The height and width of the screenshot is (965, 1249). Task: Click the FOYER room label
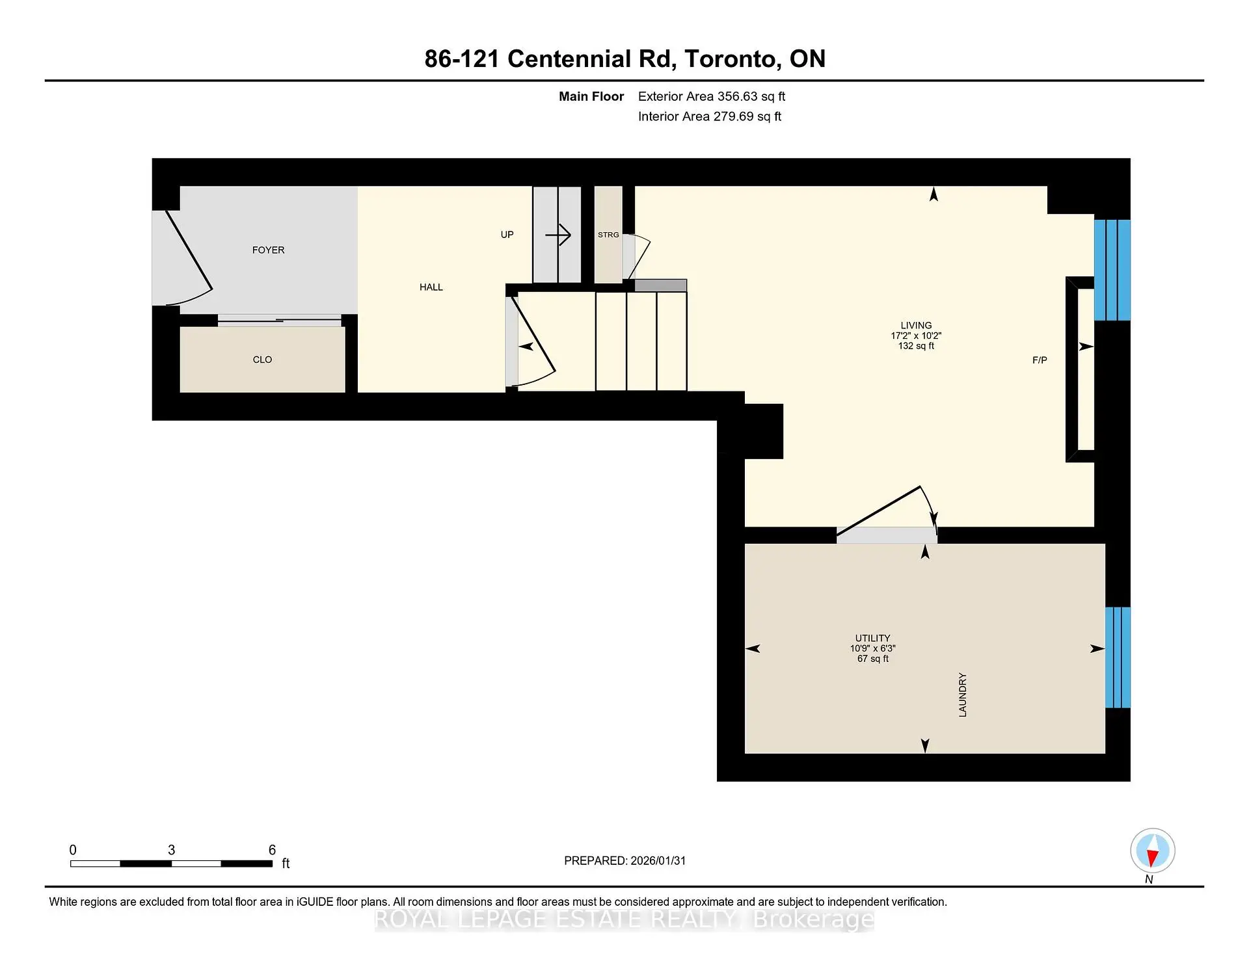pos(268,250)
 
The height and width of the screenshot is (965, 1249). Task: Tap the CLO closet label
pos(262,360)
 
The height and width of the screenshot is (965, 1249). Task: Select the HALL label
pos(431,287)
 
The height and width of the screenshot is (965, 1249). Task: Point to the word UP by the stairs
pos(507,235)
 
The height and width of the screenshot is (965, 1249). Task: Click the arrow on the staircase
pos(558,235)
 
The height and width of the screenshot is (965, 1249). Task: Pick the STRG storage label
pos(608,235)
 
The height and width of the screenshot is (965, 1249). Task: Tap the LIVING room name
pos(916,325)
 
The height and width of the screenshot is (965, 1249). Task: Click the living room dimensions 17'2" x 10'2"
pos(916,336)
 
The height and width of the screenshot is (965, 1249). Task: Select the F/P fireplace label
pos(1040,360)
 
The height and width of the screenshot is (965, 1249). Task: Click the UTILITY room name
pos(872,638)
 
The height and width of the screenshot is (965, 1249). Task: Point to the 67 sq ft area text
pos(872,659)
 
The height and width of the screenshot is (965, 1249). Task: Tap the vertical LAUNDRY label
pos(963,695)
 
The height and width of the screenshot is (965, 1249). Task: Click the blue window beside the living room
pos(1112,270)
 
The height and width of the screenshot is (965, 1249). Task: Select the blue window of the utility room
pos(1118,657)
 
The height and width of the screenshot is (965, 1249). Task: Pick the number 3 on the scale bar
pos(171,850)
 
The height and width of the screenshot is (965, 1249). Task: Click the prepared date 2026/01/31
pos(658,860)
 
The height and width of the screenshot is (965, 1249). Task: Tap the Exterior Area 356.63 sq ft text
pos(712,96)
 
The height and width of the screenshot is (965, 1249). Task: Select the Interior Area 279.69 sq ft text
pos(710,116)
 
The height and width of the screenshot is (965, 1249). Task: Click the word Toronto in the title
pos(732,59)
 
